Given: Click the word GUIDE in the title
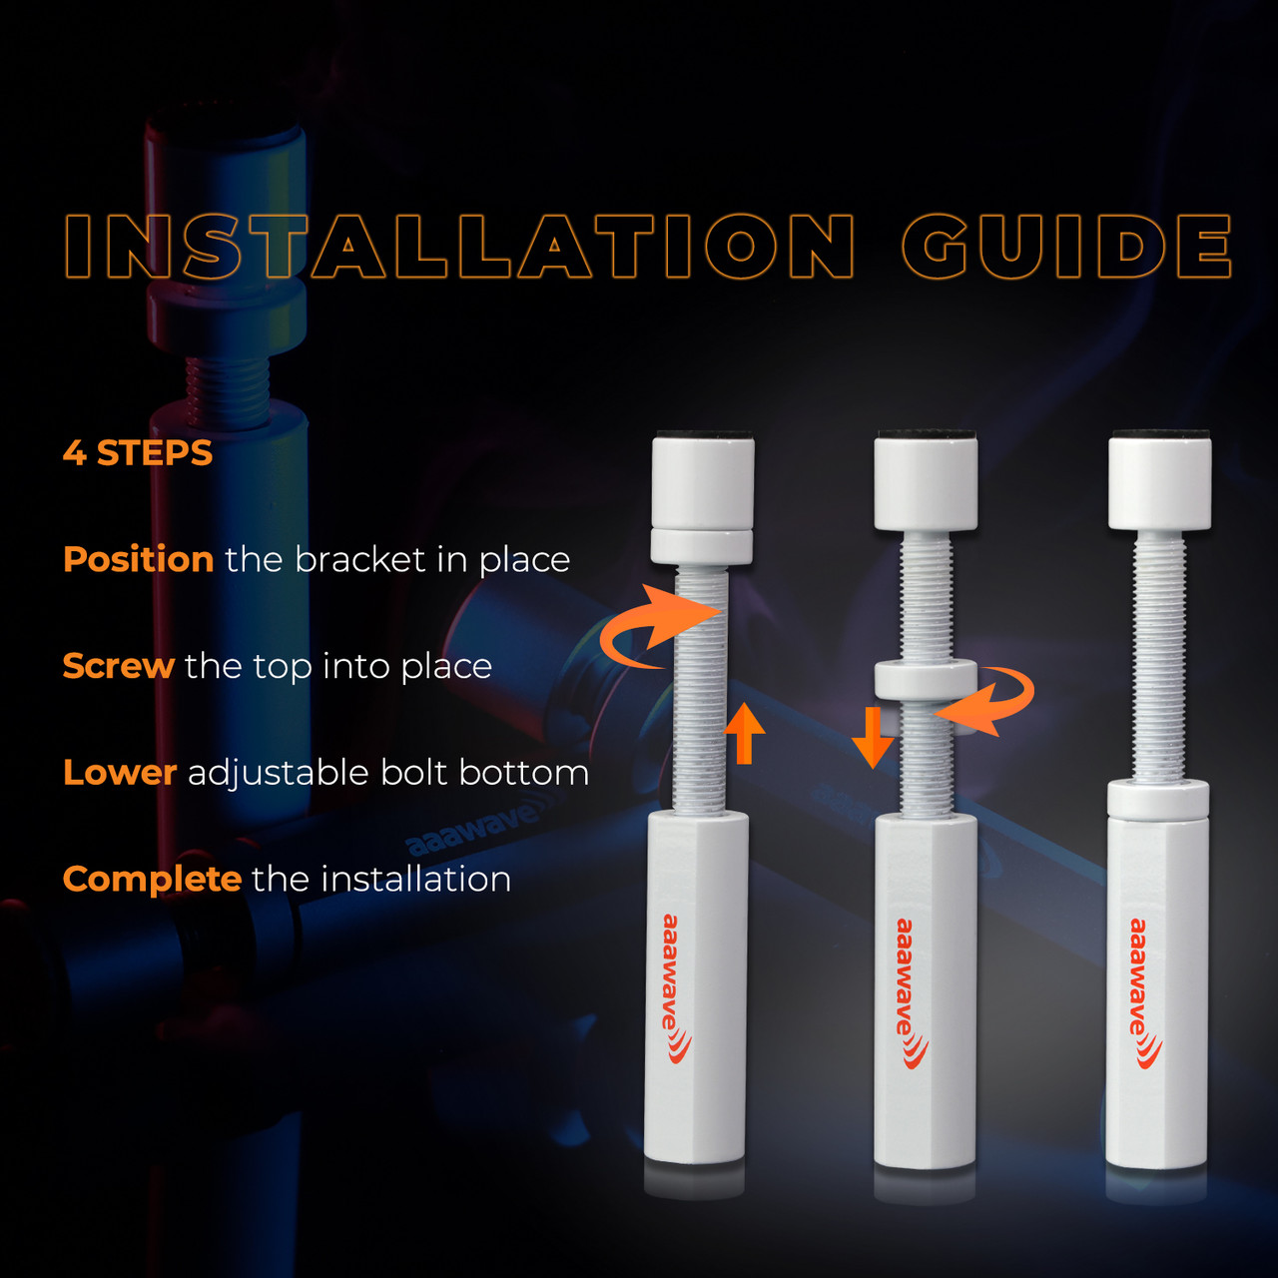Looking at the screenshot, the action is [x=1066, y=246].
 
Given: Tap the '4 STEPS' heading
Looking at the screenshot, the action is [x=138, y=453].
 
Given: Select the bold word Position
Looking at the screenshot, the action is [x=139, y=559].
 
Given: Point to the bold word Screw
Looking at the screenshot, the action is [x=119, y=666].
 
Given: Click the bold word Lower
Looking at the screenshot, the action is [x=120, y=773].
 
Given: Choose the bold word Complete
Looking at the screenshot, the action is [x=153, y=880].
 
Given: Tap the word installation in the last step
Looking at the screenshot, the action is [x=415, y=880].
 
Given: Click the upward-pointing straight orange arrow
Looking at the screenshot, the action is [x=744, y=734].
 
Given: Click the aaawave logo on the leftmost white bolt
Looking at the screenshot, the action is [x=675, y=988].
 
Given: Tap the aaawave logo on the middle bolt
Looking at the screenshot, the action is [x=910, y=992].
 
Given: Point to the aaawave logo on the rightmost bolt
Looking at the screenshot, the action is [x=1144, y=992].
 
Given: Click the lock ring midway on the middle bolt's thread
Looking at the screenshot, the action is [x=926, y=680].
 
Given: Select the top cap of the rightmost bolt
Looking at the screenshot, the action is [x=1159, y=480].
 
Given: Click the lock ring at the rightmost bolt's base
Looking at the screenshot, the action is [x=1157, y=800].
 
